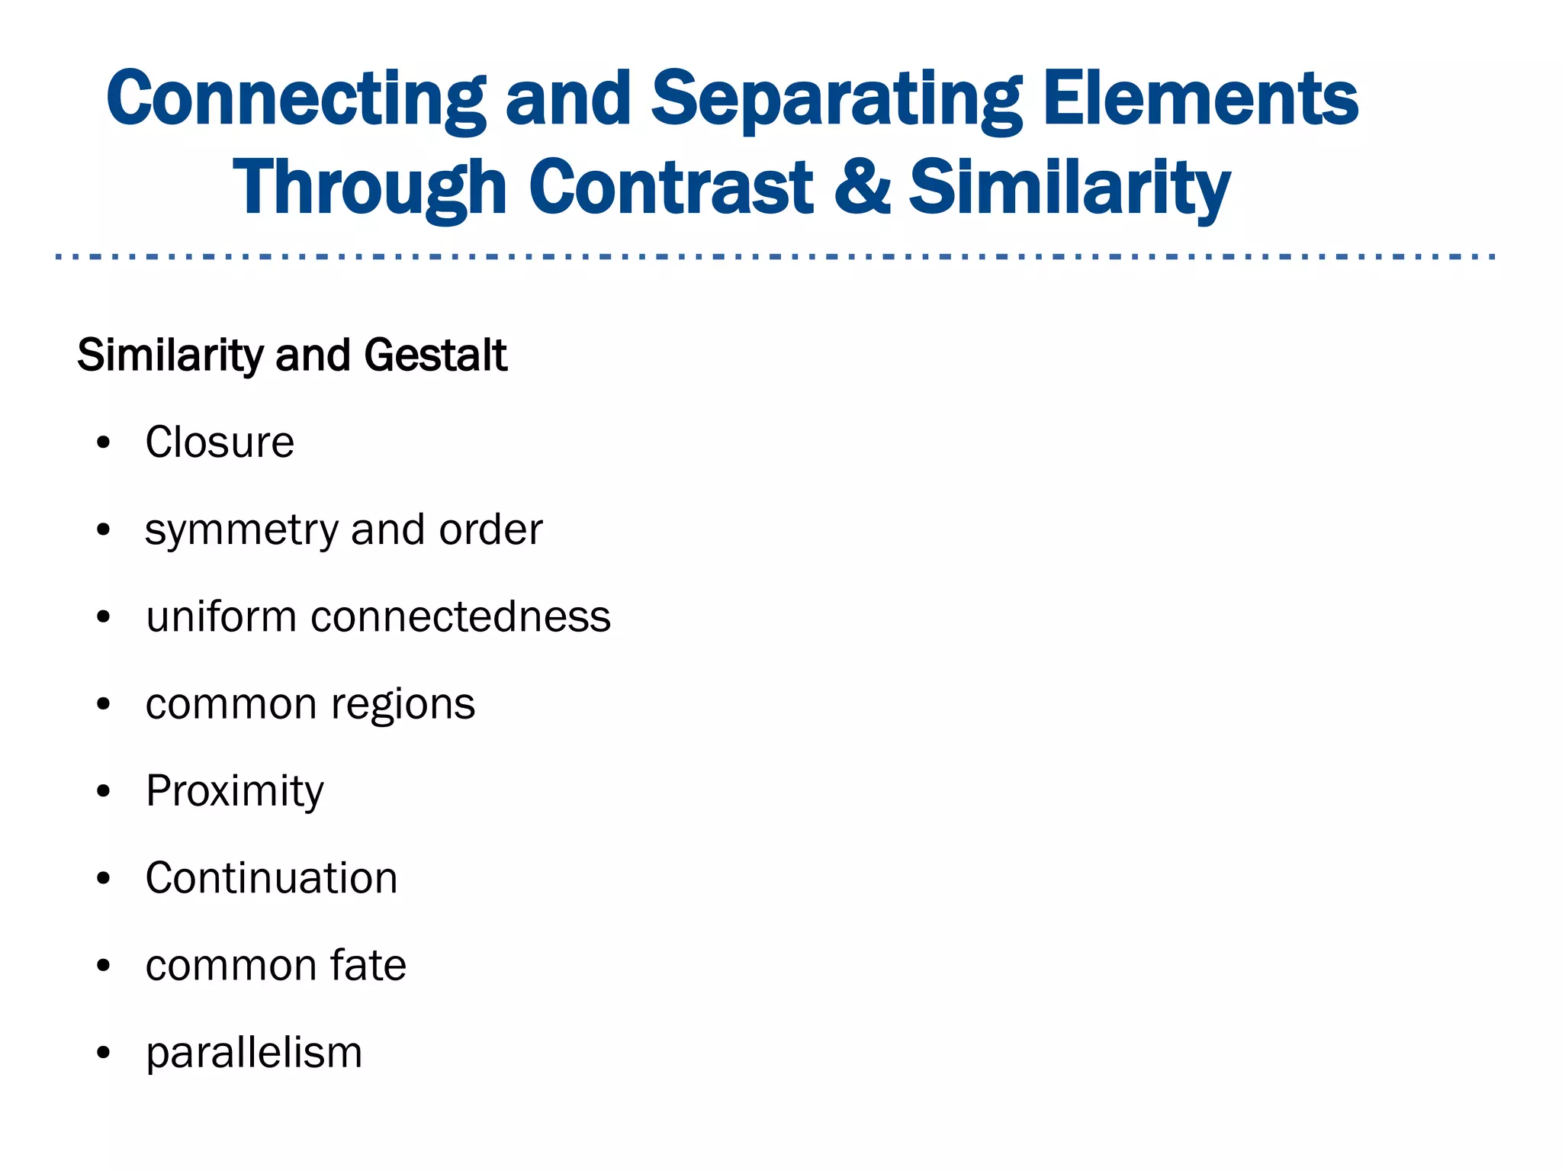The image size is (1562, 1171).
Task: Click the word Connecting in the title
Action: pos(296,100)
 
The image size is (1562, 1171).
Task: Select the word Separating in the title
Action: pos(837,100)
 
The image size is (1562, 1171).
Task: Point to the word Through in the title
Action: pos(370,188)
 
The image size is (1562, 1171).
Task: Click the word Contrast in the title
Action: pos(671,187)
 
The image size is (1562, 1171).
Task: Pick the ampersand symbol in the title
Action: pos(862,187)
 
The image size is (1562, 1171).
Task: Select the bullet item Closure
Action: pos(220,442)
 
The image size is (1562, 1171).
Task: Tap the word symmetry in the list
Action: pos(241,531)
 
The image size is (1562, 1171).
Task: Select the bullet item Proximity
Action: pos(235,792)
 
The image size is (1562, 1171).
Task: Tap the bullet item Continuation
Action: pos(272,878)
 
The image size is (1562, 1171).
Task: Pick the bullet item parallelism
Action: pos(254,1054)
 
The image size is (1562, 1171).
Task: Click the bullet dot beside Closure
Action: pos(104,442)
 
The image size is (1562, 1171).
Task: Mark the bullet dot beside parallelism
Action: pos(104,1054)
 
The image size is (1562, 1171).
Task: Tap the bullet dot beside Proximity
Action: pos(104,792)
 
